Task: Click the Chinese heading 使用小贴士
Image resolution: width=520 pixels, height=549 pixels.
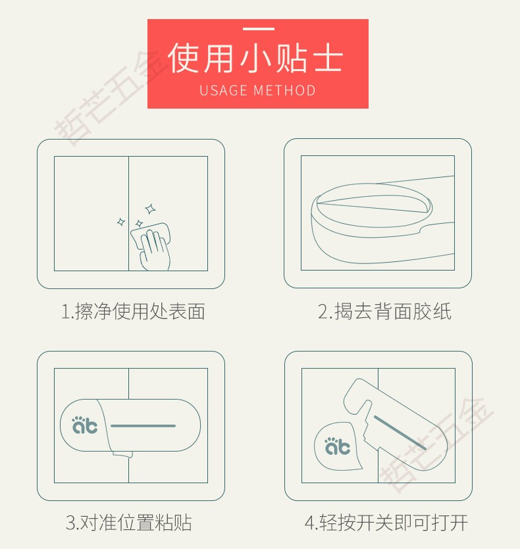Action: coord(255,58)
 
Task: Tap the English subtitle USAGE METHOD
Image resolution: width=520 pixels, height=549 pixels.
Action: coord(258,90)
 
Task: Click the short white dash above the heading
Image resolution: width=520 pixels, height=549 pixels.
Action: coord(259,29)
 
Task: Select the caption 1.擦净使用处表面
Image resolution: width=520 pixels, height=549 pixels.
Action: coord(133,311)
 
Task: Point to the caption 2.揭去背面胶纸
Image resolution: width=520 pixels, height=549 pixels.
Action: coord(384,311)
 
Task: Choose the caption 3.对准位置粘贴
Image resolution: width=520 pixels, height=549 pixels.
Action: coord(128,523)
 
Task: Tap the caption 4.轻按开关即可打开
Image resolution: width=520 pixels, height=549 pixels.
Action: coord(386,523)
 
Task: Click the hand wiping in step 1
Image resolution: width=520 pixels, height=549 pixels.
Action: coord(155,250)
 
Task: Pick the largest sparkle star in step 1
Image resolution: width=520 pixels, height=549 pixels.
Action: coord(151,209)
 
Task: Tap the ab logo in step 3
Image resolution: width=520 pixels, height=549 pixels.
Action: coord(85,425)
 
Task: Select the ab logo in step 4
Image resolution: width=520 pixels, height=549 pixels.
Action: coord(338,446)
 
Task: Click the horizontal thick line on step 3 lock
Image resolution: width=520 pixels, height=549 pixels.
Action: coord(143,426)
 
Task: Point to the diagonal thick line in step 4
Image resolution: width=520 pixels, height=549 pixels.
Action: coord(400,432)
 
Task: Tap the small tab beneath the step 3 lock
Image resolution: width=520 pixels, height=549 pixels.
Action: coord(122,454)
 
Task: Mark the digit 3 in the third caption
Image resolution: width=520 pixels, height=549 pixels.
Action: coord(70,523)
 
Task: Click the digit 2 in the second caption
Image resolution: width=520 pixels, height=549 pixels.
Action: coord(323,311)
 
